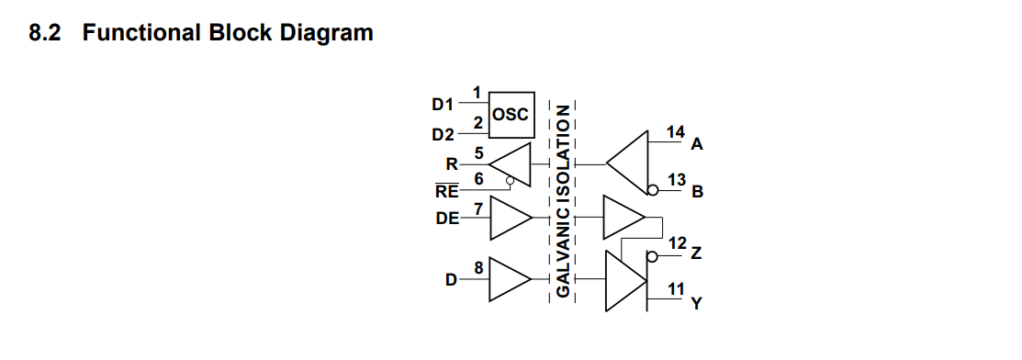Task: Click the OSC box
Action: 511,115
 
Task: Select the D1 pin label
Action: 443,104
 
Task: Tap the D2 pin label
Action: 444,135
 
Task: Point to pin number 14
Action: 676,132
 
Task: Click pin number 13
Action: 678,179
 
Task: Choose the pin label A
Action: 697,145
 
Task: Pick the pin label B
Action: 698,192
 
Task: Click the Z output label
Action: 696,253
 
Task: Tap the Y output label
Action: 696,303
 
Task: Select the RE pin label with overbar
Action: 447,191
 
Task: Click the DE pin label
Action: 448,219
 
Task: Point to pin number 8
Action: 478,267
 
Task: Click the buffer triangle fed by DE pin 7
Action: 511,218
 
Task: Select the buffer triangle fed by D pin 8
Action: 511,279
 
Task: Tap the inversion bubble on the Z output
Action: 653,256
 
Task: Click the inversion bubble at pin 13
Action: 653,190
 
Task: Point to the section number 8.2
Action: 45,32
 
